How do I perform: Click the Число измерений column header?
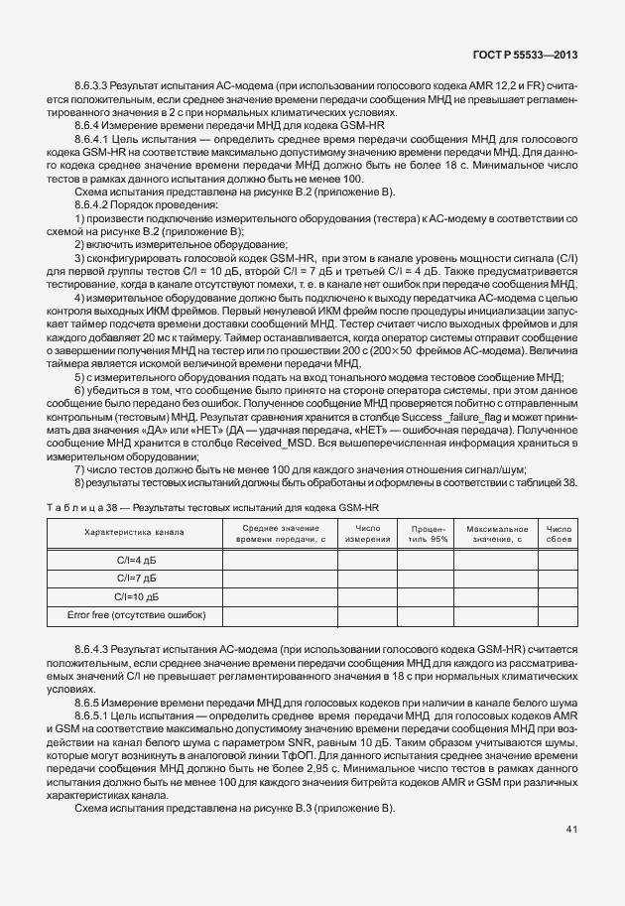(367, 533)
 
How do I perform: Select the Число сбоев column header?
(559, 533)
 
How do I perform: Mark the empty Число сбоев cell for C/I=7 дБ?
(559, 578)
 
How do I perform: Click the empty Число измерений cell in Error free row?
(367, 616)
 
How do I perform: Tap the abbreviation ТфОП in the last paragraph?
(329, 753)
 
